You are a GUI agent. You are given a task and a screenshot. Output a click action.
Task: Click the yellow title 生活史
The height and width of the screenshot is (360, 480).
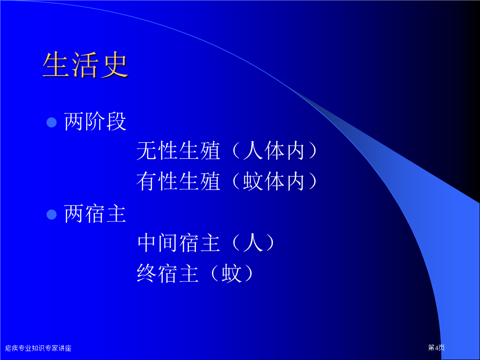tap(85, 64)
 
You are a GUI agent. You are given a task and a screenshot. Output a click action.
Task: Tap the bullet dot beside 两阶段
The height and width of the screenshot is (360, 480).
tap(52, 122)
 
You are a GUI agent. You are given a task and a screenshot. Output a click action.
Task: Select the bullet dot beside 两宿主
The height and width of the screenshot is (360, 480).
tap(52, 214)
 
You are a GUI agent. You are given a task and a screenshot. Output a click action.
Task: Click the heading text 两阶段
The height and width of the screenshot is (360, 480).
tap(95, 121)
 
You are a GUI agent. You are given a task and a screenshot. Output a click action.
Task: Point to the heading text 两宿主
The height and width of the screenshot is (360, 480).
tap(95, 213)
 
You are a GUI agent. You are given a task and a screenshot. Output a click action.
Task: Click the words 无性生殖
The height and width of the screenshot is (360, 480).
tap(178, 151)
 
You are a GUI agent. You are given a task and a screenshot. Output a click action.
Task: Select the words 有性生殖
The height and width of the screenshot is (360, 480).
tap(178, 181)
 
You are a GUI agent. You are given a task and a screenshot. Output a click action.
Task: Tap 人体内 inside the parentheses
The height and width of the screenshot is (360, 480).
tap(274, 151)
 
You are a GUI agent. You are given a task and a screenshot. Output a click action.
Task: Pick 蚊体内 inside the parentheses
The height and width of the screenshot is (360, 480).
tap(274, 181)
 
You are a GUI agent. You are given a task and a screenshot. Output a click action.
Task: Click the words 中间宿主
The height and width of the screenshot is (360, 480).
tap(178, 243)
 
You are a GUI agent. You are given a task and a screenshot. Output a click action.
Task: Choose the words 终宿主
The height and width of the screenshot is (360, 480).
tap(168, 273)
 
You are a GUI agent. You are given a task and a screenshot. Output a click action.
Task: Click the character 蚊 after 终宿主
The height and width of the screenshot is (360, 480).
tap(232, 273)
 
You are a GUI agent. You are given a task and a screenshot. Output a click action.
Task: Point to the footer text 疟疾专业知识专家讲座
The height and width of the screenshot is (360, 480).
tap(38, 348)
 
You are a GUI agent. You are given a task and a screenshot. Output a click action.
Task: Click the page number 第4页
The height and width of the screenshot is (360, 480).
tap(436, 348)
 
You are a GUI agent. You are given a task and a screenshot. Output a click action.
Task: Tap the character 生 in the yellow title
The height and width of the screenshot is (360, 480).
tap(56, 64)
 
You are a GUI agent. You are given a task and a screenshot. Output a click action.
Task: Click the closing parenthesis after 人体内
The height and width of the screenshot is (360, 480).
tap(313, 151)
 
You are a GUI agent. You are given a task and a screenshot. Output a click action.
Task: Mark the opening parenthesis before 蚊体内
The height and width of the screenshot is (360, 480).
tap(236, 181)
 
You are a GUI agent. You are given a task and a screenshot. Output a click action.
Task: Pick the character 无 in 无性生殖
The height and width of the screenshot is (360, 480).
tap(147, 151)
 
